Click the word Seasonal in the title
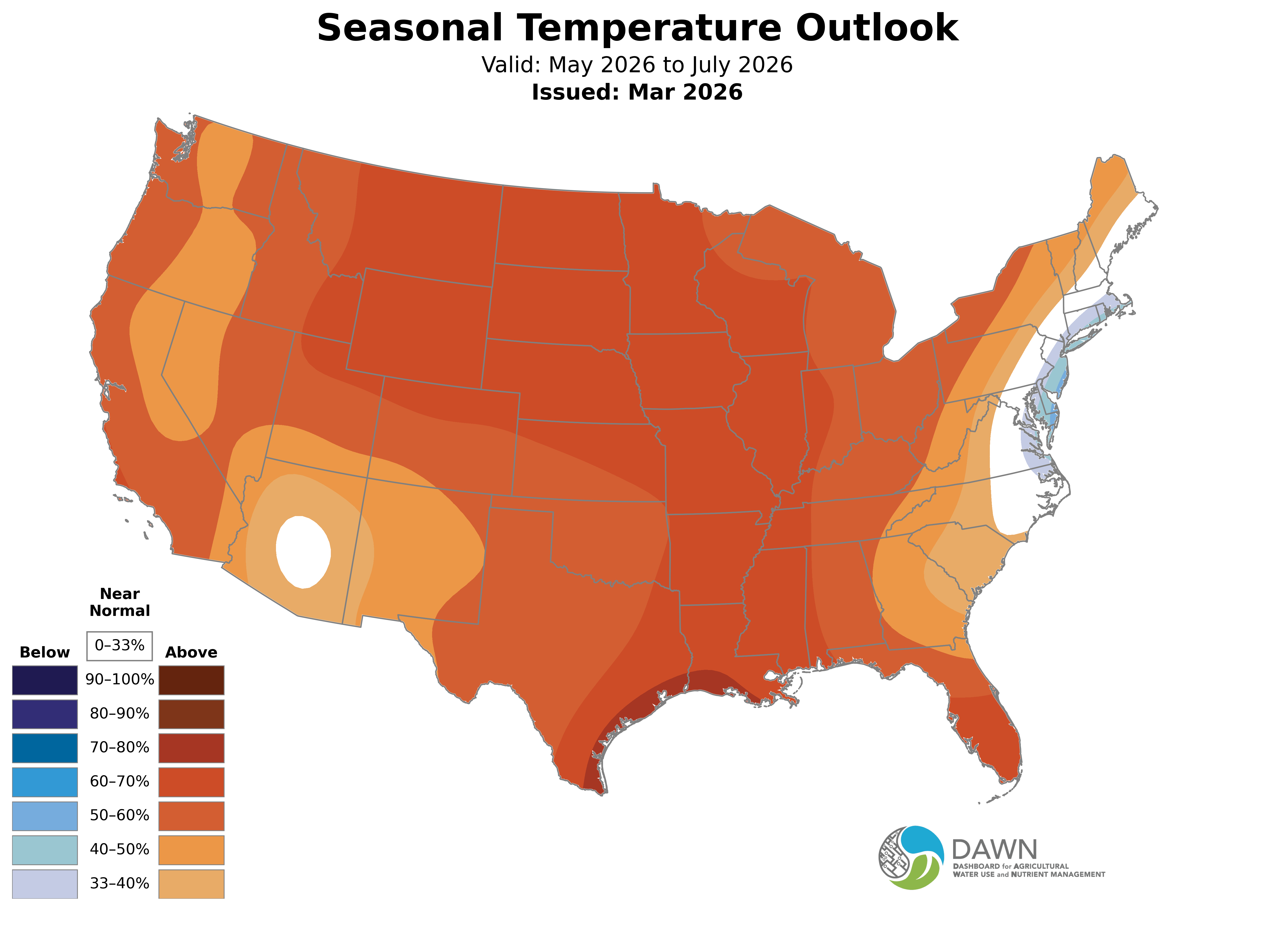409,28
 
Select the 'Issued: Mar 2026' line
637,92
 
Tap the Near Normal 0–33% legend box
119,645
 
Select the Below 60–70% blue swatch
45,782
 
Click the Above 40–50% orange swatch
191,850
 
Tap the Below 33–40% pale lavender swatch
45,883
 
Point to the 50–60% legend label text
119,815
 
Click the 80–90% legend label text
119,714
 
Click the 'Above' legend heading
191,652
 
